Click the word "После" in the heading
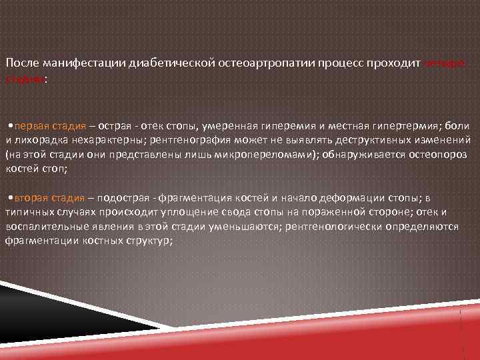pos(21,63)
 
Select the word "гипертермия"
pos(376,126)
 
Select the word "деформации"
pos(345,198)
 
